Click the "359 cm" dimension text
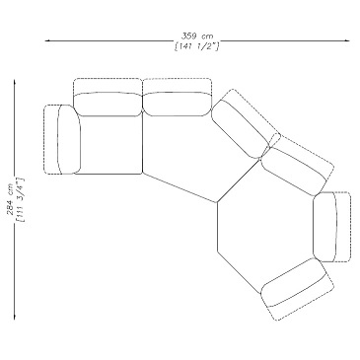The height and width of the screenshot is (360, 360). [x=197, y=36]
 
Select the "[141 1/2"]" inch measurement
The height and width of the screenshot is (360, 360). [x=197, y=46]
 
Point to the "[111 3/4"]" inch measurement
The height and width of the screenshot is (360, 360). [x=20, y=200]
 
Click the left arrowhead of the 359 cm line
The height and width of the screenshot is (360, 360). [x=47, y=40]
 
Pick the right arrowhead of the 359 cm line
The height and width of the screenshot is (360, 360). [x=347, y=40]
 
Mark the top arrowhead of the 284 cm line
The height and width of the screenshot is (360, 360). [x=15, y=82]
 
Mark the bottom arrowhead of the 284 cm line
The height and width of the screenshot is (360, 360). [x=15, y=317]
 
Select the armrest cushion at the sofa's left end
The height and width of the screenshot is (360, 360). [x=62, y=139]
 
